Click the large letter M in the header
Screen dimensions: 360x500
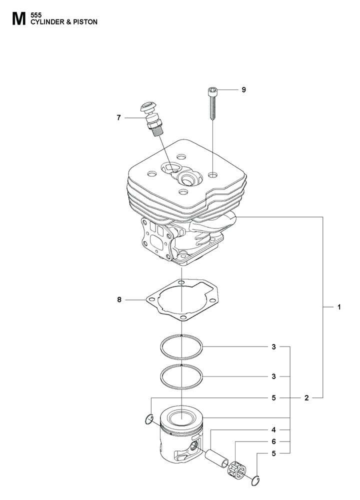click(x=19, y=19)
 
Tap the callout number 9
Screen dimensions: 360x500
click(x=244, y=89)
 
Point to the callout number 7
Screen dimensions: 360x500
click(x=118, y=118)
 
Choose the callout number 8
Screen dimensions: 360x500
click(x=119, y=299)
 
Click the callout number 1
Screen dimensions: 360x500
click(x=339, y=307)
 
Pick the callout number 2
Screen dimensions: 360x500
click(x=306, y=397)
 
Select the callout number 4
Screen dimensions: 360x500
click(x=273, y=430)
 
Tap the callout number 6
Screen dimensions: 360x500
click(x=273, y=441)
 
